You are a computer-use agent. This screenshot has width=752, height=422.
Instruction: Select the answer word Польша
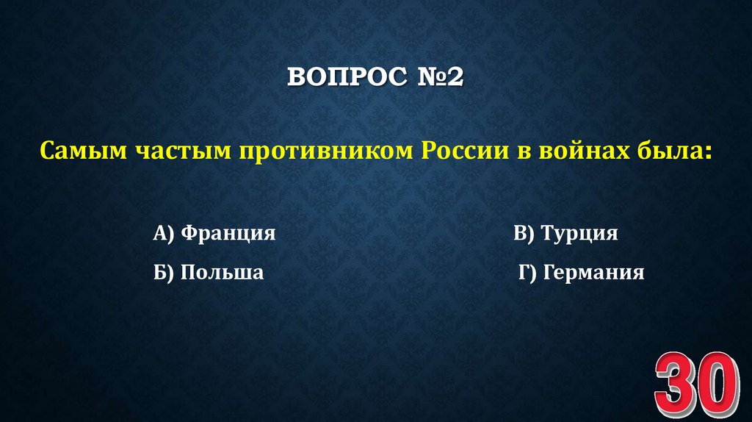tap(223, 273)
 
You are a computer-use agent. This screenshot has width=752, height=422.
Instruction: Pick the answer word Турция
tap(579, 234)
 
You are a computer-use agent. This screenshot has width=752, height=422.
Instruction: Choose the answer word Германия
tap(593, 273)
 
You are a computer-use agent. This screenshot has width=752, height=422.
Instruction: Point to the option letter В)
tap(524, 234)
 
